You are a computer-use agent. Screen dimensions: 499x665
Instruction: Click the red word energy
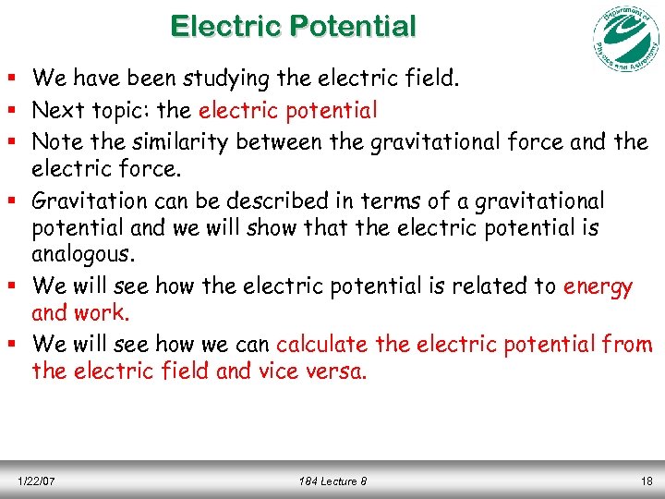click(598, 286)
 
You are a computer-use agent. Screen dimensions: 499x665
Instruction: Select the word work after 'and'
click(103, 313)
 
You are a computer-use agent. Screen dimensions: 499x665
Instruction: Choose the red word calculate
click(322, 345)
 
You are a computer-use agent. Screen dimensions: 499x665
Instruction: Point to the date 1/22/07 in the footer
click(37, 481)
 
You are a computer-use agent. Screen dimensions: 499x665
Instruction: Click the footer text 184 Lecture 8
click(332, 481)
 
